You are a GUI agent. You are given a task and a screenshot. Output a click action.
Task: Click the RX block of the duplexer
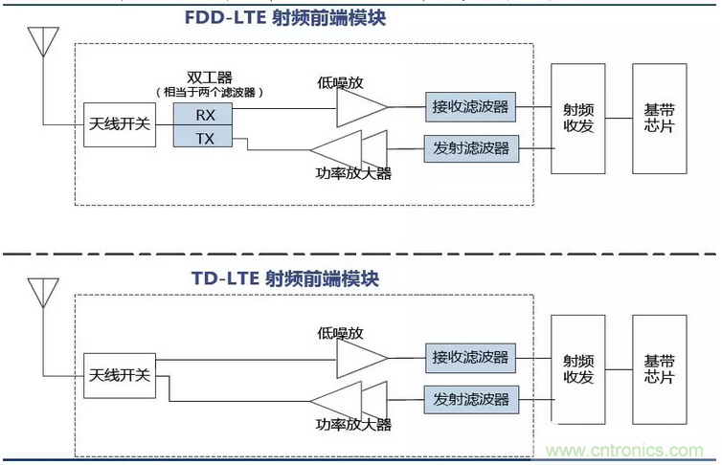(x=203, y=114)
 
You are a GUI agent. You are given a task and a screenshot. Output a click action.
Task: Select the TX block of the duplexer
(x=203, y=136)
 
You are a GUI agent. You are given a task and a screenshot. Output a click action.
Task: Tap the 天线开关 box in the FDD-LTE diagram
(x=120, y=124)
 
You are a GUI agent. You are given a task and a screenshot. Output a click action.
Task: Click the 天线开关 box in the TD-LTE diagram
(x=120, y=376)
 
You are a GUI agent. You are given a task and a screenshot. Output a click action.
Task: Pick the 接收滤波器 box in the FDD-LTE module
(x=470, y=107)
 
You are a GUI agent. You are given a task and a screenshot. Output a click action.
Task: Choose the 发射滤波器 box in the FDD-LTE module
(x=471, y=148)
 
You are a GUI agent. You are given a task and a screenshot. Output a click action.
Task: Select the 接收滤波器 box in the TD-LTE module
(x=470, y=358)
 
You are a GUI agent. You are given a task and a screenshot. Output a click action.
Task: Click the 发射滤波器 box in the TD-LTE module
(x=471, y=400)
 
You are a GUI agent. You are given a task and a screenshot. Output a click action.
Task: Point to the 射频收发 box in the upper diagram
(x=577, y=119)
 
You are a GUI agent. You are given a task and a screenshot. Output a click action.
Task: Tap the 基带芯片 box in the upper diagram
(x=660, y=119)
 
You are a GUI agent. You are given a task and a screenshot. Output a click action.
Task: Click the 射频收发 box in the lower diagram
(x=577, y=369)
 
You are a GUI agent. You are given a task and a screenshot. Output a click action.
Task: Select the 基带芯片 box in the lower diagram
(x=660, y=369)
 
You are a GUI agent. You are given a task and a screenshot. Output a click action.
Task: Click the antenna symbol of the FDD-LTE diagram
(x=43, y=41)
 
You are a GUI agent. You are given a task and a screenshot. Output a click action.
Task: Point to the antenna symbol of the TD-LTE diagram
(x=43, y=293)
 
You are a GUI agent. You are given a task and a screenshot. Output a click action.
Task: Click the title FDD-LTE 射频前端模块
(x=285, y=18)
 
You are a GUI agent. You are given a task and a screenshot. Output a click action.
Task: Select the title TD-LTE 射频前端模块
(x=285, y=278)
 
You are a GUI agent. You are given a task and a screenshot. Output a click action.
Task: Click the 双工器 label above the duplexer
(x=210, y=77)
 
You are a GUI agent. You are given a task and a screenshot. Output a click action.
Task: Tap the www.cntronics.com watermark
(x=624, y=451)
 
